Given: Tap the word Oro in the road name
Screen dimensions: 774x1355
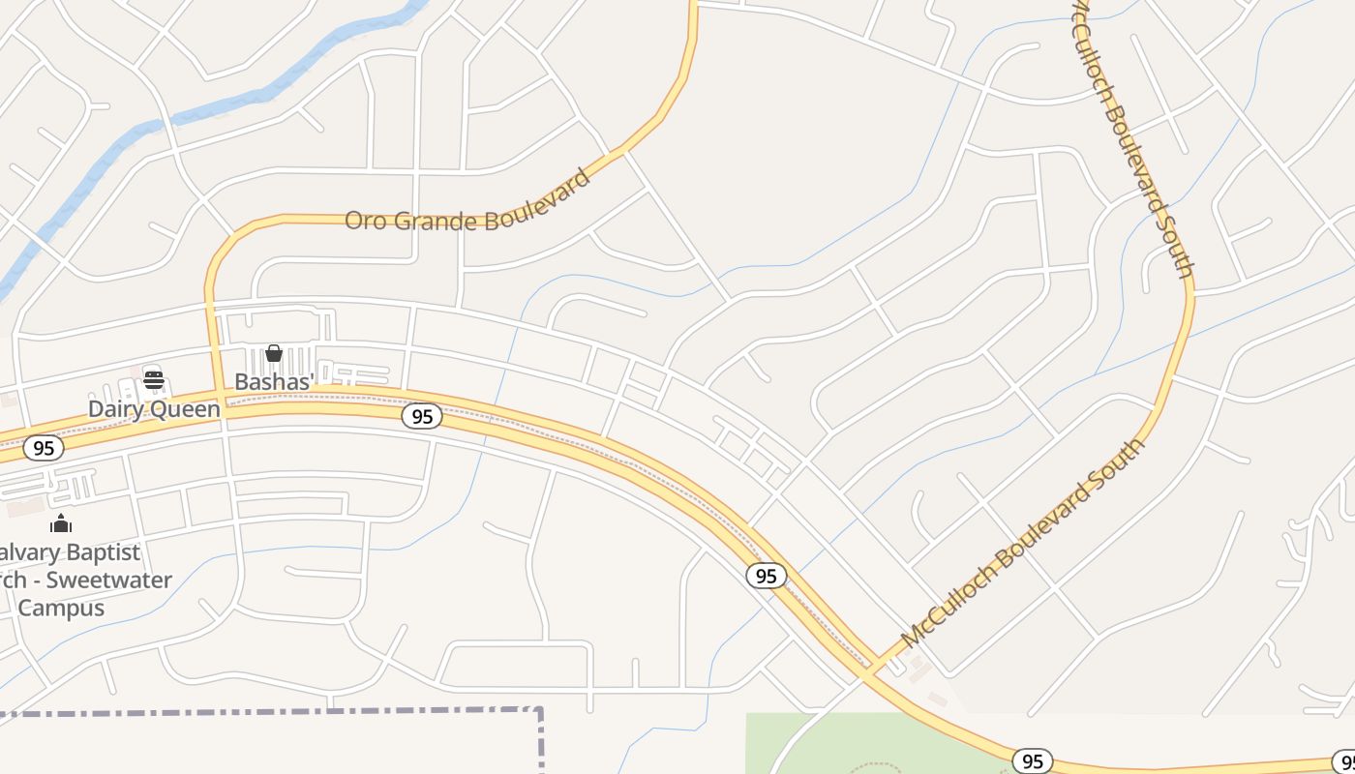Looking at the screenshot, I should [x=364, y=220].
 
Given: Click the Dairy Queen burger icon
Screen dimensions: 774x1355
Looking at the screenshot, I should [x=154, y=378].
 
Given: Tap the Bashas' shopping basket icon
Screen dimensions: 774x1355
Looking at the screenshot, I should [x=274, y=353].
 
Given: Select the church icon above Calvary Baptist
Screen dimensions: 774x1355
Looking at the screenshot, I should [x=61, y=523].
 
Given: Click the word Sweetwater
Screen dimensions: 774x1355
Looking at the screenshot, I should [x=109, y=580].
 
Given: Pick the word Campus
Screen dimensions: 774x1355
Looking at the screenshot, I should [x=61, y=608].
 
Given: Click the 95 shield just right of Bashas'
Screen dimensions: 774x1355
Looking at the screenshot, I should [x=422, y=416].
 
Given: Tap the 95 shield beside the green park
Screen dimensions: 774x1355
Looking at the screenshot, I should [x=1033, y=761].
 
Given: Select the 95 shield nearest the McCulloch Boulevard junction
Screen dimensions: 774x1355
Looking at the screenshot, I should [x=766, y=576].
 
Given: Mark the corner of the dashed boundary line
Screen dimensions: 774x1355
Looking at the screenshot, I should [x=539, y=711].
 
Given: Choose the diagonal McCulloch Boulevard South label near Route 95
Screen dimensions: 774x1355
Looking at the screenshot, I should [x=1023, y=543].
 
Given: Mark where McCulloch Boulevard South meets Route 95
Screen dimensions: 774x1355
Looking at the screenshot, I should [x=876, y=668].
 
